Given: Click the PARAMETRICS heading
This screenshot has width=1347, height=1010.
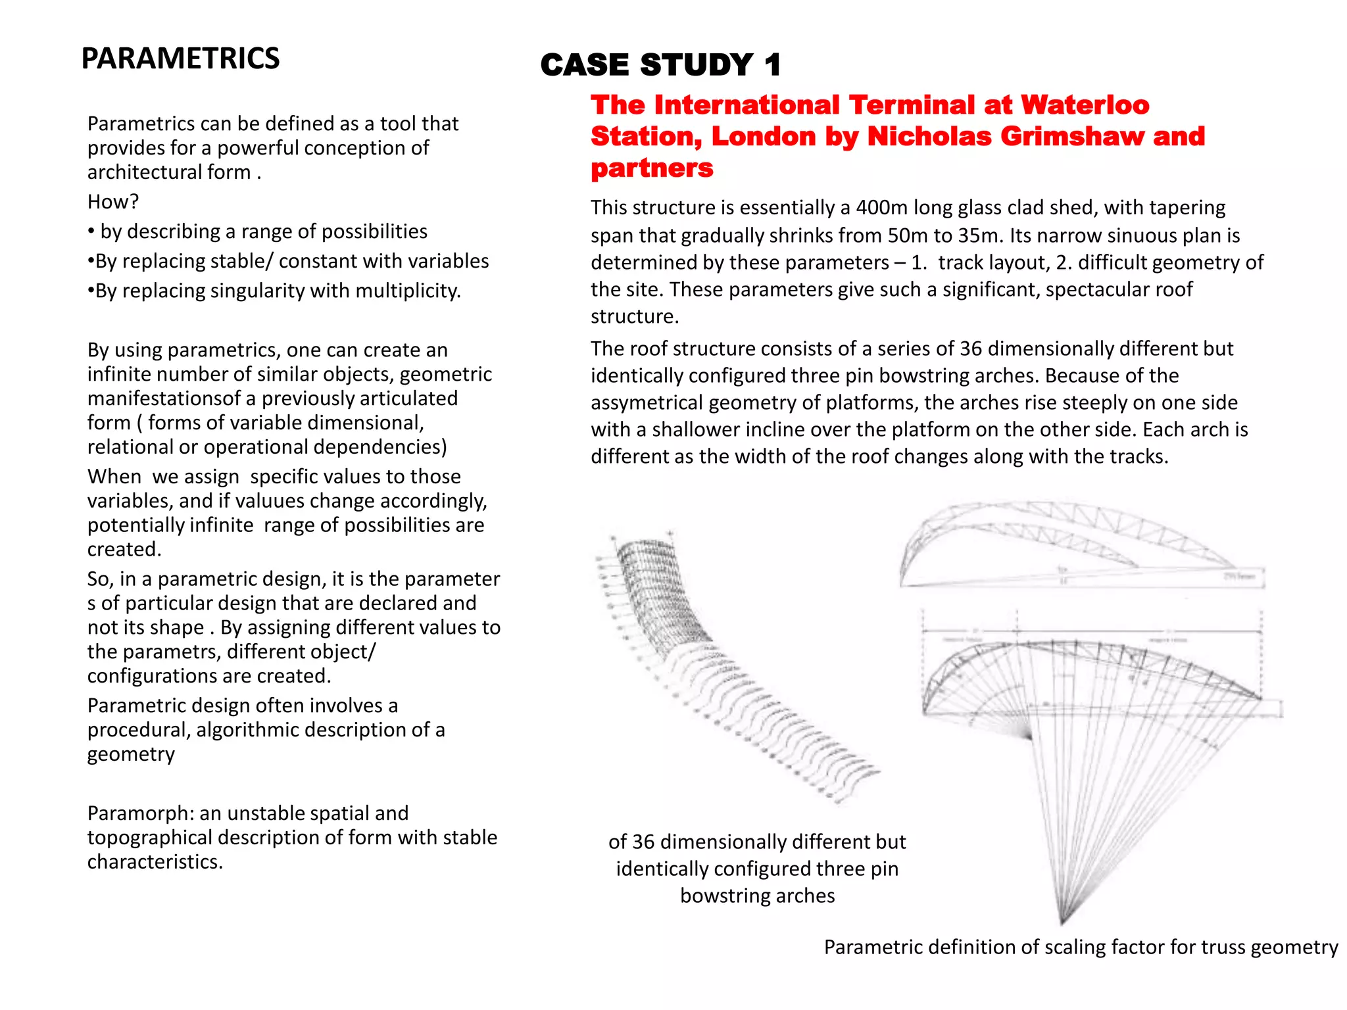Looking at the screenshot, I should click(180, 59).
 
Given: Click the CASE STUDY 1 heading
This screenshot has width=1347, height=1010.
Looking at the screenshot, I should click(660, 65).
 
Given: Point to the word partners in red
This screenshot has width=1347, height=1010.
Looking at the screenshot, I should click(651, 168).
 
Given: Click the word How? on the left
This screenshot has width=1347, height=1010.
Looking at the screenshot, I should click(113, 202).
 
